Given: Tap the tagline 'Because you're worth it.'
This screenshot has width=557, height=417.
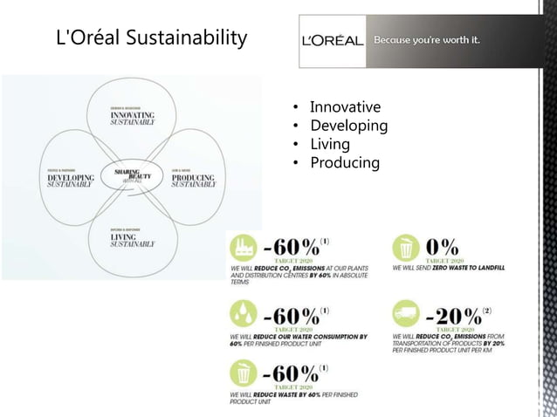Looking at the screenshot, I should pyautogui.click(x=427, y=41).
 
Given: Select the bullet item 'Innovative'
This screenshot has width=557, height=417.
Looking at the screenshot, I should pyautogui.click(x=345, y=107).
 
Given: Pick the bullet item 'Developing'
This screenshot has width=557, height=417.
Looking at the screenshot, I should pyautogui.click(x=348, y=126).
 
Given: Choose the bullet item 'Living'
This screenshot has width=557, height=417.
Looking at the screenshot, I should pyautogui.click(x=329, y=144).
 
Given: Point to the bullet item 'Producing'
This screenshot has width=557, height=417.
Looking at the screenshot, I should pyautogui.click(x=345, y=162).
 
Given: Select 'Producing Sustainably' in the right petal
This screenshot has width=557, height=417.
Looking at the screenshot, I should pyautogui.click(x=193, y=181).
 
